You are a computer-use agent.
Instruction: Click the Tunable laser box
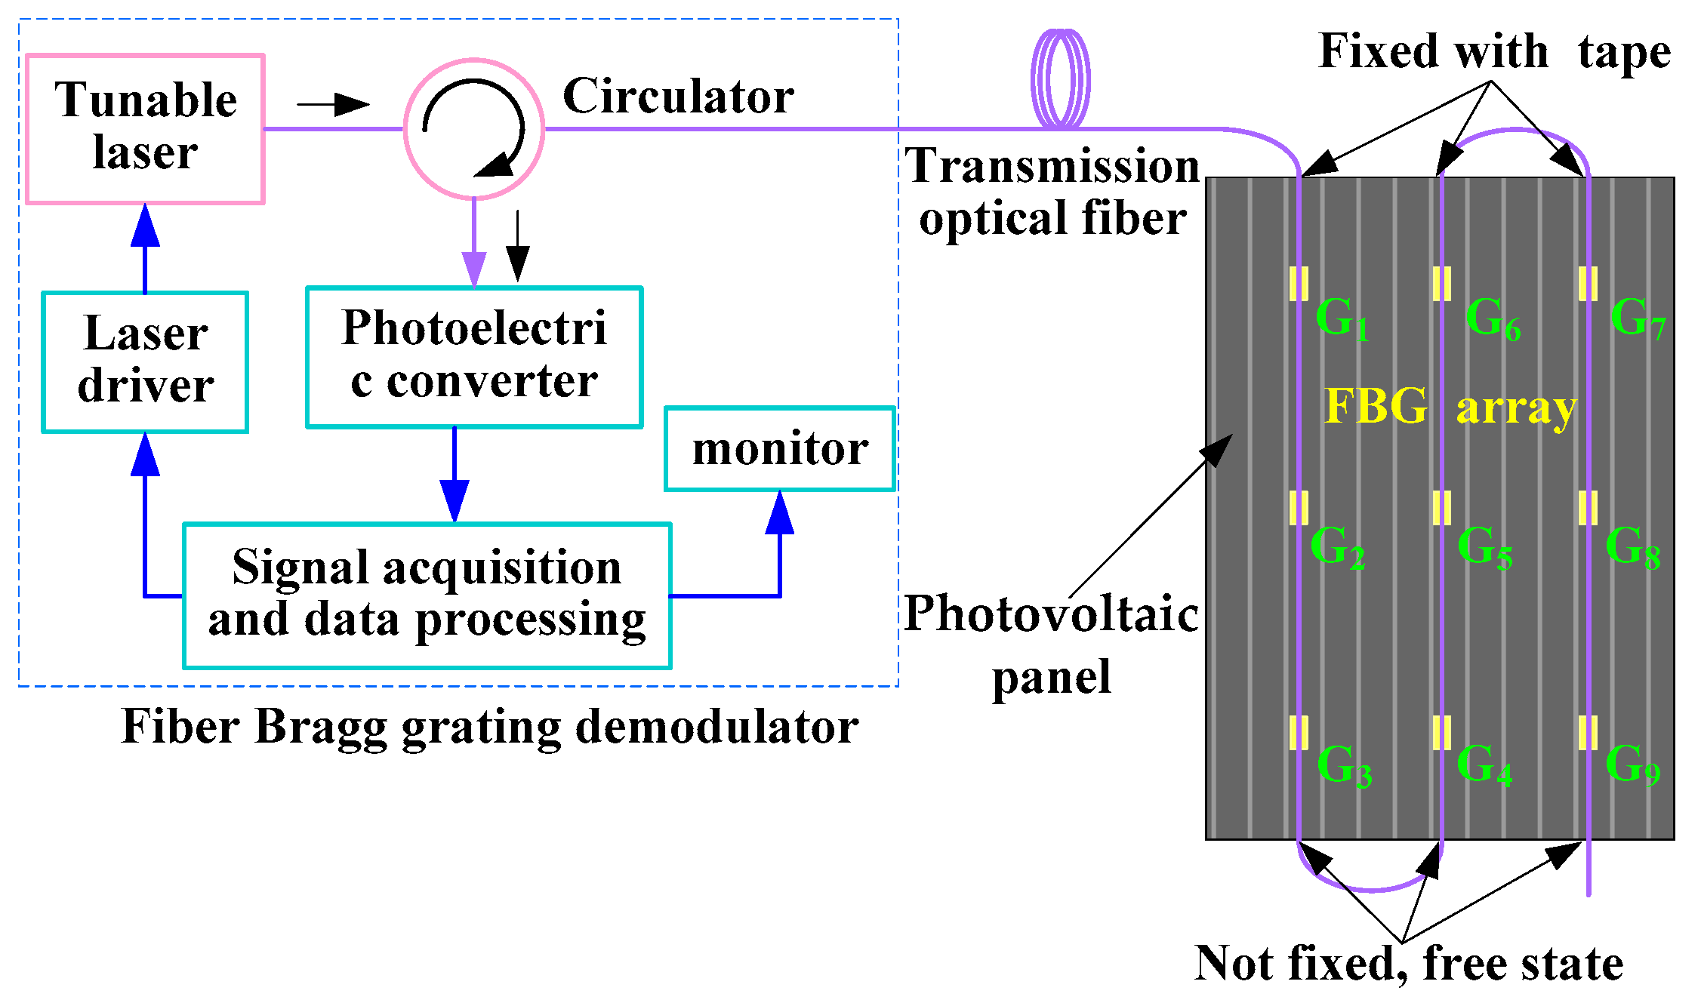(x=145, y=128)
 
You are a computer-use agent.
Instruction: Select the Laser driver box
(x=145, y=361)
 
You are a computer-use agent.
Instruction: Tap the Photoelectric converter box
(x=474, y=356)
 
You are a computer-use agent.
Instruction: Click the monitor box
(x=779, y=449)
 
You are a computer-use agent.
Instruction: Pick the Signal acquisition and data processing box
(x=427, y=595)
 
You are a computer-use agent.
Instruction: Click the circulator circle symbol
(x=474, y=128)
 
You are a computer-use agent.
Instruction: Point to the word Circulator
(x=678, y=97)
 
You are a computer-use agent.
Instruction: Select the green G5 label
(x=1484, y=546)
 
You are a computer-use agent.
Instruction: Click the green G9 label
(x=1632, y=764)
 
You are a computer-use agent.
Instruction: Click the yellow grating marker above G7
(x=1588, y=284)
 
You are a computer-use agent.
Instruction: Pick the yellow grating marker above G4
(x=1442, y=732)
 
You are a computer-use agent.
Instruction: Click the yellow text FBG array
(x=1450, y=407)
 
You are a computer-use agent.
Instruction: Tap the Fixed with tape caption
(x=1494, y=52)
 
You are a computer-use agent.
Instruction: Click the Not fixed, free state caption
(x=1409, y=964)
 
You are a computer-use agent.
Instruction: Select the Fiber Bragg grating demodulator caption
(x=489, y=728)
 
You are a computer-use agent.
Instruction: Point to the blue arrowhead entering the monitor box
(x=780, y=512)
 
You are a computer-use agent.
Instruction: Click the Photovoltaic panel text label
(x=1051, y=644)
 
